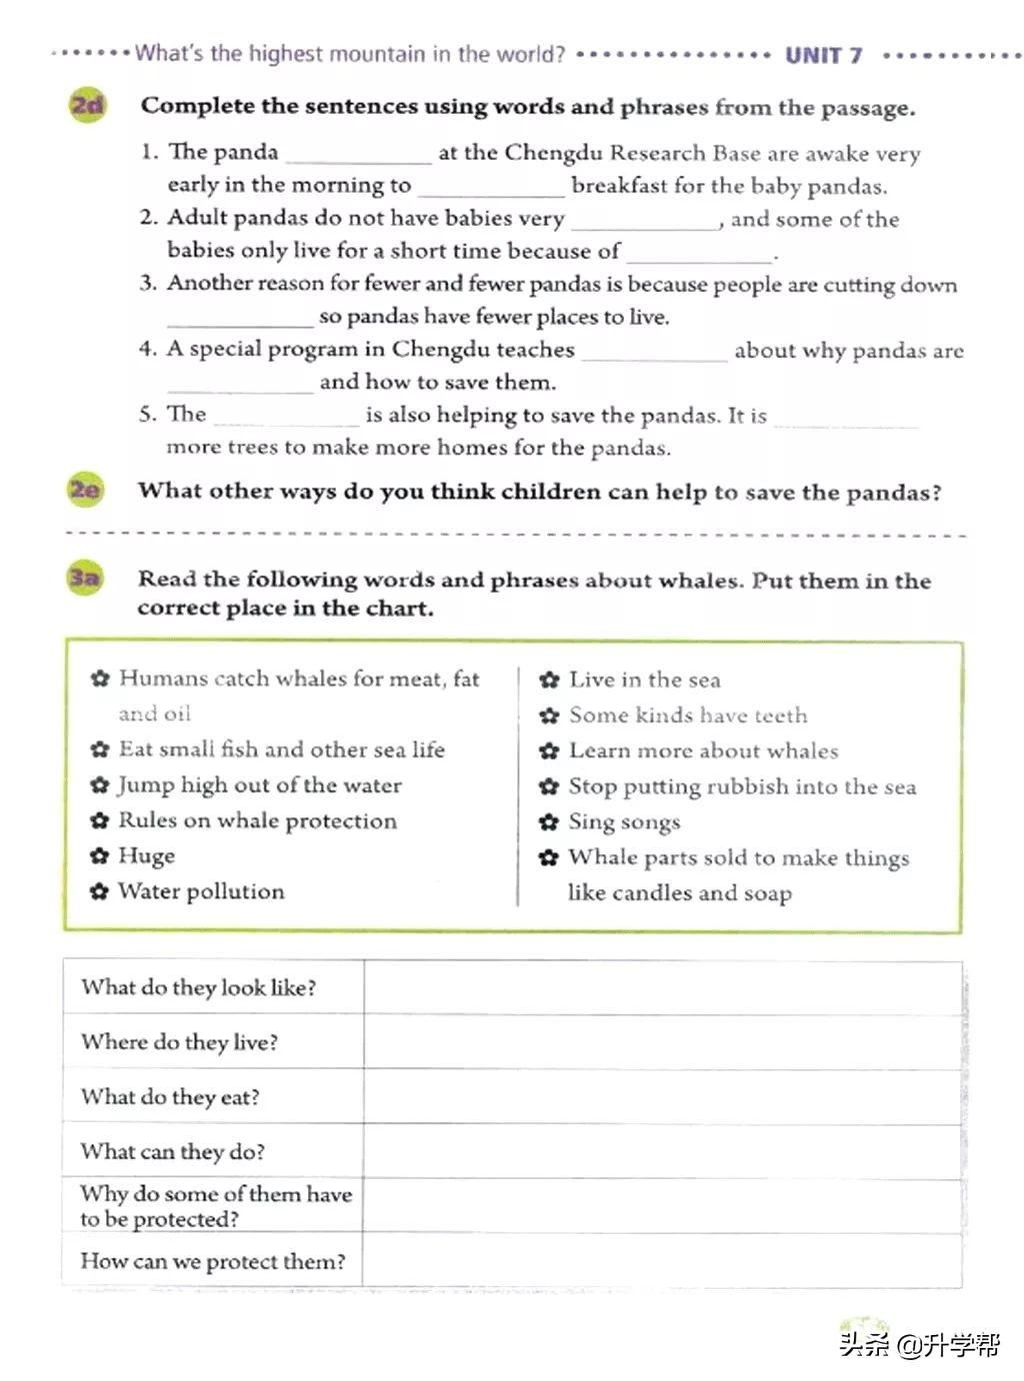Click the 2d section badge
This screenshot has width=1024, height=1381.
tap(88, 105)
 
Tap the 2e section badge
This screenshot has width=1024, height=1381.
tap(86, 490)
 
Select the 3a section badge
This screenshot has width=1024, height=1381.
tap(85, 579)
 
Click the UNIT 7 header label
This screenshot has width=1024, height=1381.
tap(824, 55)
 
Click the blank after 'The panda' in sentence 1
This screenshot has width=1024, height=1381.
tap(358, 155)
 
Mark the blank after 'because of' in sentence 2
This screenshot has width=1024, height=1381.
tap(699, 254)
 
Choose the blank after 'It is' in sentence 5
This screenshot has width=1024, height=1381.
tap(845, 419)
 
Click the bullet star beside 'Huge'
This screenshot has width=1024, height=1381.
tap(99, 856)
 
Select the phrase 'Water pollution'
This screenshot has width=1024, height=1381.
tap(201, 891)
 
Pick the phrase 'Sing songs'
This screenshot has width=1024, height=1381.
tap(624, 822)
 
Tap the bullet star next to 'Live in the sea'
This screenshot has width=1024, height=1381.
tap(549, 681)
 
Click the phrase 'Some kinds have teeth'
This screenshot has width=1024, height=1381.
tap(688, 715)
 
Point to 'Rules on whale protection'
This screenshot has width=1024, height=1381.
tap(257, 820)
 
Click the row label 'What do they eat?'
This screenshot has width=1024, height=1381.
tap(170, 1097)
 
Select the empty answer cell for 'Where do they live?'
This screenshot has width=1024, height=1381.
tap(662, 1042)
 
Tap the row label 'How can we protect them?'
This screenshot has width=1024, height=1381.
tap(213, 1261)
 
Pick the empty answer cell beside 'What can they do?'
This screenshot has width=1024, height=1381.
tap(662, 1151)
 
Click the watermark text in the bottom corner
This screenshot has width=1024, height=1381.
tap(918, 1345)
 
